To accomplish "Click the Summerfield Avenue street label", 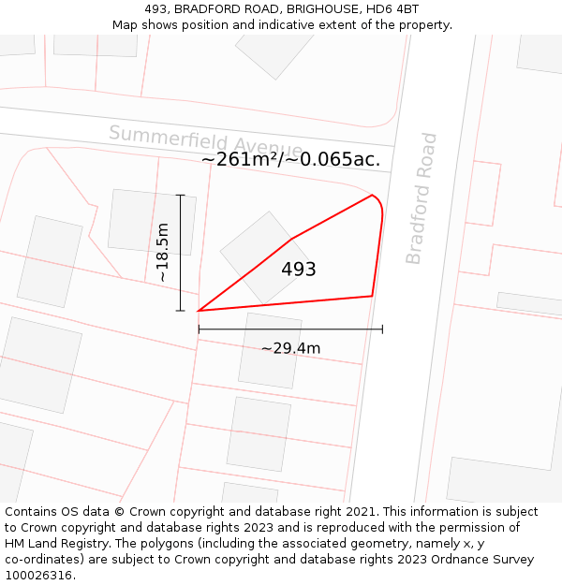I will click(205, 141).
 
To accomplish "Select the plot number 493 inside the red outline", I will click(299, 270).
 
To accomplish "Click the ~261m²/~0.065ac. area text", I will click(290, 159).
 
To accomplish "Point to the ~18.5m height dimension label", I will click(162, 253).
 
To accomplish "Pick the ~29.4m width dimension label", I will click(290, 348).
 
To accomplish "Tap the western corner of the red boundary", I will click(199, 311).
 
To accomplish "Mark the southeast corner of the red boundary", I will click(372, 296).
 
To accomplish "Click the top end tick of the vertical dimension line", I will click(180, 195).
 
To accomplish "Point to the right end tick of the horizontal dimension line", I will click(382, 329).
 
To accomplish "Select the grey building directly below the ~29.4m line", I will click(270, 350).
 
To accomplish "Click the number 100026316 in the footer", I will click(38, 575).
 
